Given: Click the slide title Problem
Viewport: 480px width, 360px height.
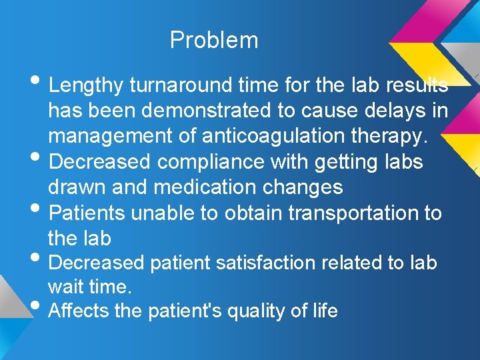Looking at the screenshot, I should pyautogui.click(x=214, y=40).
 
